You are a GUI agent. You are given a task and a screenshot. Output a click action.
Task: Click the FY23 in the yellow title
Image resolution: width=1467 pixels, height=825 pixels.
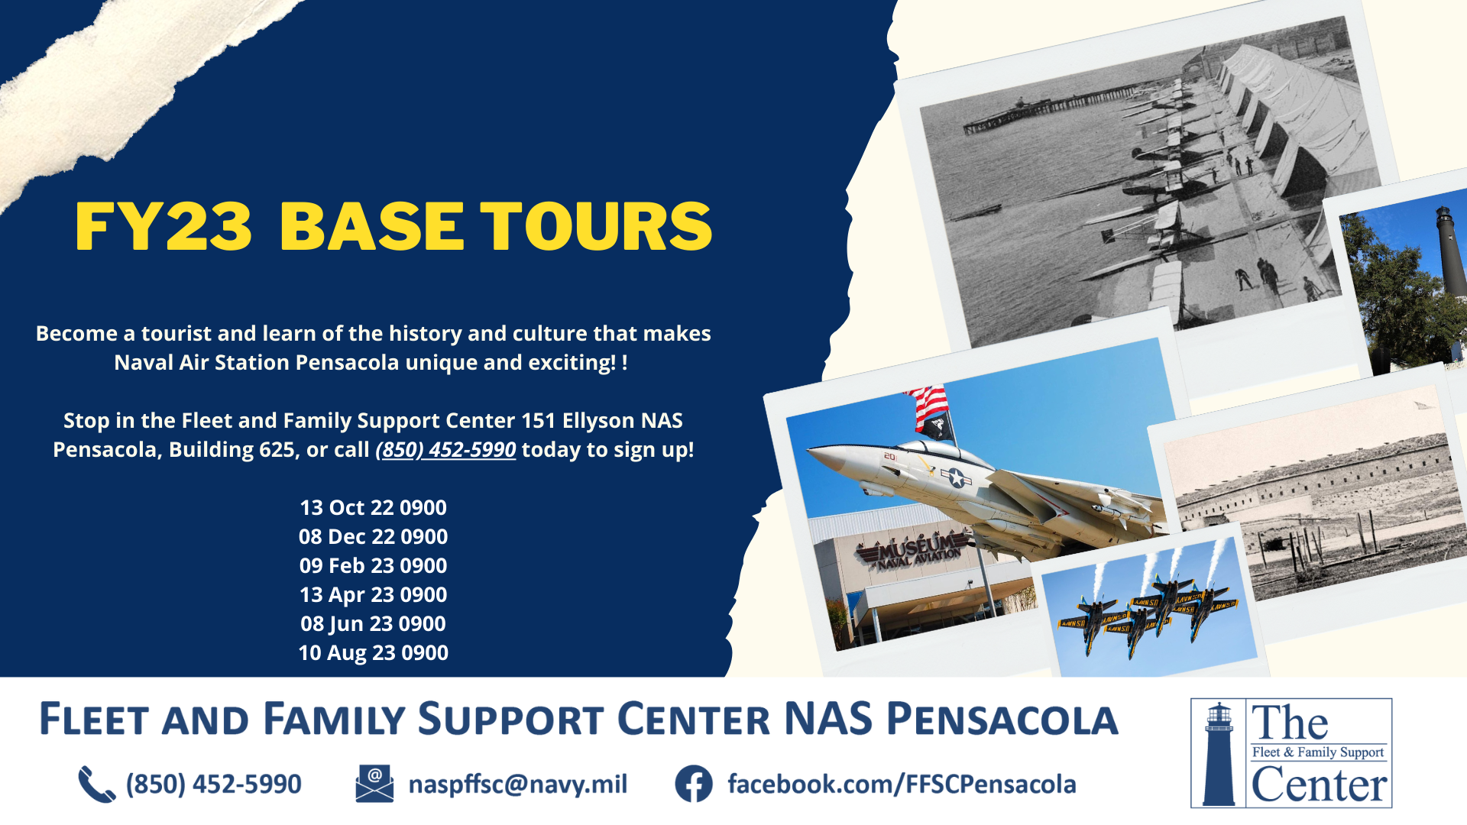tap(164, 226)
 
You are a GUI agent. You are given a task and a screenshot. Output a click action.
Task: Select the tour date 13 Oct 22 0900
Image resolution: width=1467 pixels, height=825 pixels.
tap(373, 508)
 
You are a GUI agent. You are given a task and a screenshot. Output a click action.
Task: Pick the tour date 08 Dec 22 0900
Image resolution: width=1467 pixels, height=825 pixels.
tap(373, 537)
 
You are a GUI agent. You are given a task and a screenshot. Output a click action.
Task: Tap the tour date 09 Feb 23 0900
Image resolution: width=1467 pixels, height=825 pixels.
tap(373, 566)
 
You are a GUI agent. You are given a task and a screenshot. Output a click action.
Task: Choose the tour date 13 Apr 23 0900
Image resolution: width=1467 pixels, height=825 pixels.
tap(373, 595)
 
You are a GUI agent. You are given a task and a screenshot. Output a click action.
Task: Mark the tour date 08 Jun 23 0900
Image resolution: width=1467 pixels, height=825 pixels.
tap(373, 624)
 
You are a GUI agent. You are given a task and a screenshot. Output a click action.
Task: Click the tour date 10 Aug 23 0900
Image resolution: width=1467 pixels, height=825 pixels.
tap(373, 653)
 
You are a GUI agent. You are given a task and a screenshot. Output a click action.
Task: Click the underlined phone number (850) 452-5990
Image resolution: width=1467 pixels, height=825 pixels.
tap(445, 450)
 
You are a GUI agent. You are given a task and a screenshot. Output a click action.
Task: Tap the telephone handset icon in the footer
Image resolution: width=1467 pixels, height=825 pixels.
tap(97, 785)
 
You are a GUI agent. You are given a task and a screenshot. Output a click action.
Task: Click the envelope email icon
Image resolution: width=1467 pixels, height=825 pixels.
tap(374, 784)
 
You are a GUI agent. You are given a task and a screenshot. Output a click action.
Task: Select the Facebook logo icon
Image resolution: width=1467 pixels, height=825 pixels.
tap(694, 784)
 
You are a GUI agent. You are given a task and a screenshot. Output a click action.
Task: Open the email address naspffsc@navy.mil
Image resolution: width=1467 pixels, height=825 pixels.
tap(518, 785)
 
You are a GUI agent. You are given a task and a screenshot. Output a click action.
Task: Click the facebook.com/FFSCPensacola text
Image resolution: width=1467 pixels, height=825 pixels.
tap(902, 785)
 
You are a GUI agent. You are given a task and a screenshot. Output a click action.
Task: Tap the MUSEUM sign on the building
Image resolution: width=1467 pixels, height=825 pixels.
tap(913, 552)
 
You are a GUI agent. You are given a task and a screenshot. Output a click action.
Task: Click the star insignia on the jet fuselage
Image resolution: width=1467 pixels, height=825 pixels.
tap(956, 478)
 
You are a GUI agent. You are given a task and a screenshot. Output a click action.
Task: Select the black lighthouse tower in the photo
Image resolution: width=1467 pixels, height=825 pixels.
tap(1450, 252)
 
